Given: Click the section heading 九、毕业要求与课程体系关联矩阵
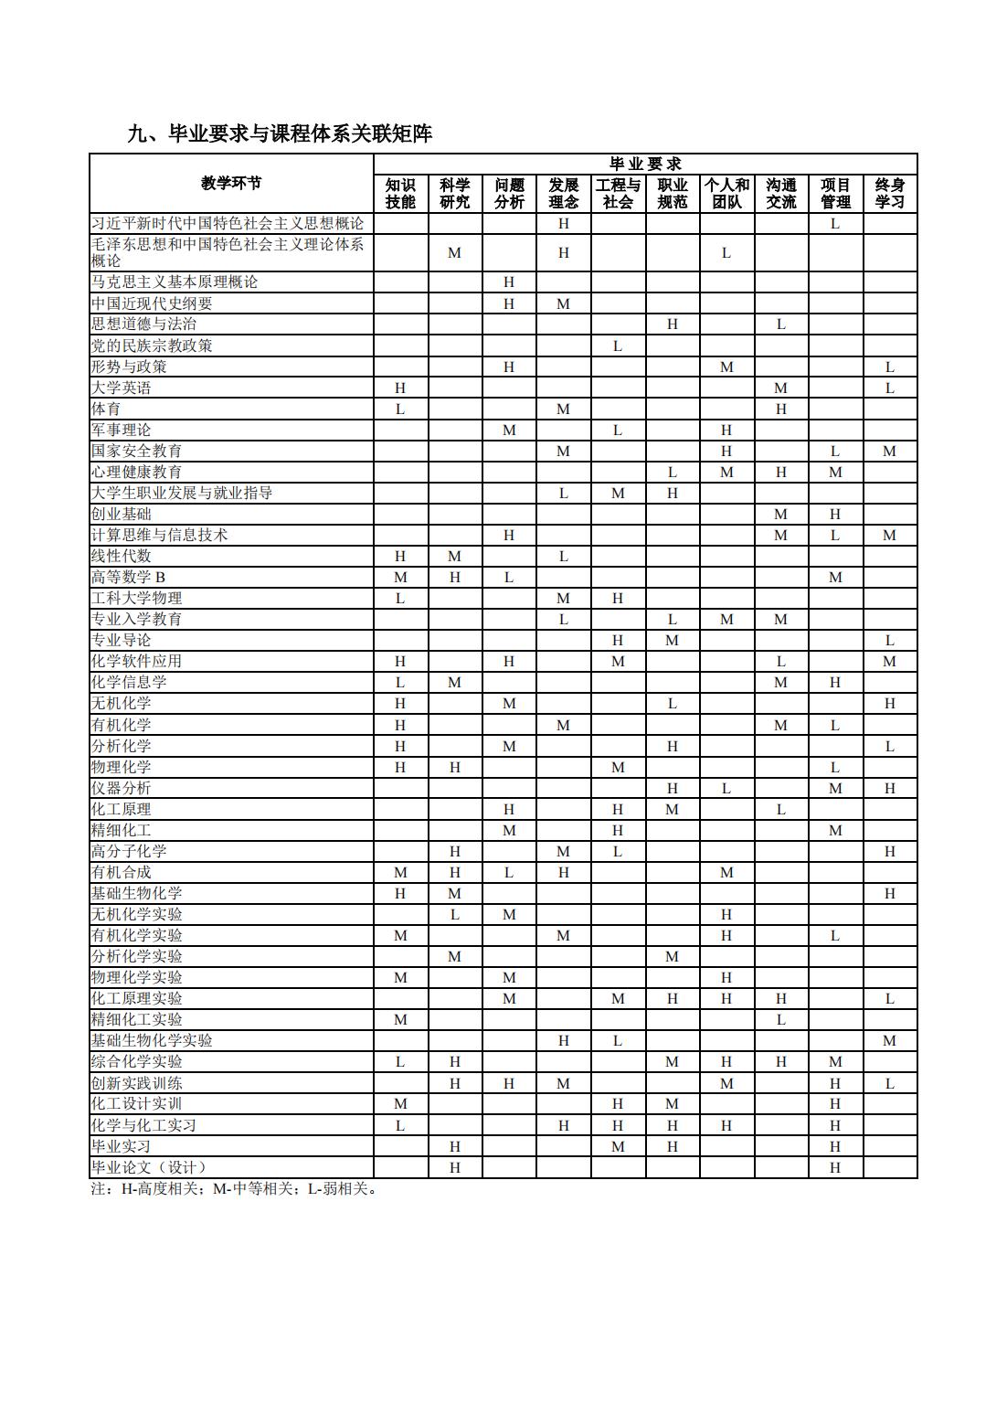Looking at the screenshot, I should pyautogui.click(x=280, y=134).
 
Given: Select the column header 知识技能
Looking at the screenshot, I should pyautogui.click(x=400, y=194).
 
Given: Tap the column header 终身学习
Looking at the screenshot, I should pyautogui.click(x=889, y=194).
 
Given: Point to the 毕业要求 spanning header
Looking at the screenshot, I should pyautogui.click(x=645, y=165).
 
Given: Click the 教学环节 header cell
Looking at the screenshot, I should pyautogui.click(x=231, y=183).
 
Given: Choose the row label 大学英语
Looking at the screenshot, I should pyautogui.click(x=122, y=388).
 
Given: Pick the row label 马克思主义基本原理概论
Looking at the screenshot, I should pyautogui.click(x=175, y=282).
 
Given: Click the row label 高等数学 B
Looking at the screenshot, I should pyautogui.click(x=129, y=577).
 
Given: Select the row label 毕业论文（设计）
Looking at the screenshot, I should pyautogui.click(x=149, y=1167).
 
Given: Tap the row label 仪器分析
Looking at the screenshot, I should pyautogui.click(x=122, y=788).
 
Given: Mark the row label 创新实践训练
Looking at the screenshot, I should pyautogui.click(x=136, y=1083).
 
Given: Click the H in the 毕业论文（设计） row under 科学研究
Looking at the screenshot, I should pyautogui.click(x=454, y=1167).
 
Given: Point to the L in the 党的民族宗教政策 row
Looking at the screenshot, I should pyautogui.click(x=618, y=346).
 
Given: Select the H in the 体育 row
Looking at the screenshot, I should pyautogui.click(x=780, y=409).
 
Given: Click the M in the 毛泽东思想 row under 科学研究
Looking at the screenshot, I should pyautogui.click(x=454, y=253).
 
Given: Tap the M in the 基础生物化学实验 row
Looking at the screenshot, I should pyautogui.click(x=889, y=1040).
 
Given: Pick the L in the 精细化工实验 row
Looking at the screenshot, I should pyautogui.click(x=780, y=1019).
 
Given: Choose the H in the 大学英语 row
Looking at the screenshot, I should pyautogui.click(x=400, y=388).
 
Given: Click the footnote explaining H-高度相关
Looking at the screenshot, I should pyautogui.click(x=234, y=1189).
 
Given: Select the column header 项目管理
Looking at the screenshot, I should pyautogui.click(x=835, y=194).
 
